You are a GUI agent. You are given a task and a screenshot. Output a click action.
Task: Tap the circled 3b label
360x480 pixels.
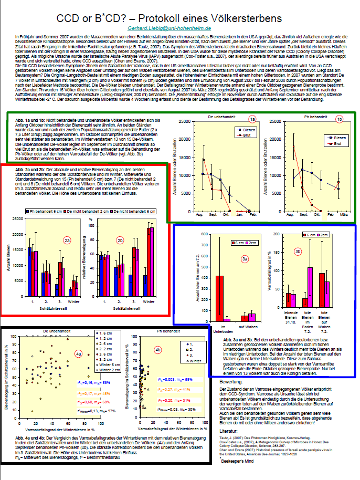click(299, 252)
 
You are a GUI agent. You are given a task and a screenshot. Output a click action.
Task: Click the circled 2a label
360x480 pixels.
click(67, 241)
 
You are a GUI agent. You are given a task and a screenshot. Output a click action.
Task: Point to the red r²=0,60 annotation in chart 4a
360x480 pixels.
click(89, 402)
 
